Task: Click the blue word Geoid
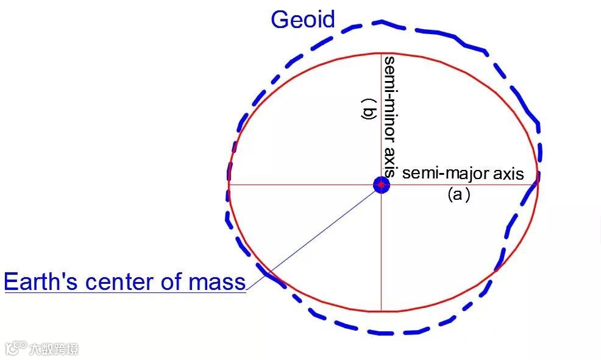303,19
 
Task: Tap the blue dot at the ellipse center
382,184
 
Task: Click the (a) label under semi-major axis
458,195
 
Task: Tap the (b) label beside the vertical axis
369,113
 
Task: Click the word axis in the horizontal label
508,174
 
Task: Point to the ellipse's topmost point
382,54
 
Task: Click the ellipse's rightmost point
538,183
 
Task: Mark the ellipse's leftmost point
228,183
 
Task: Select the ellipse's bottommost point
382,311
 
